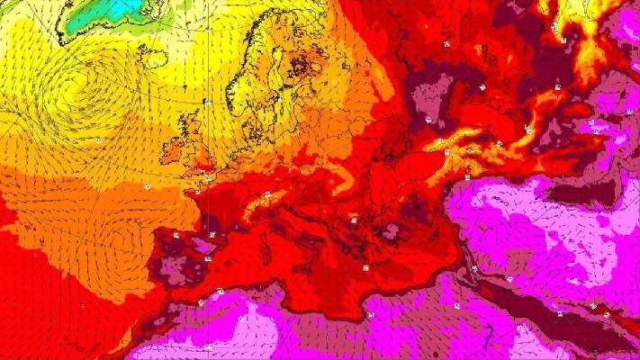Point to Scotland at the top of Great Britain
[x=194, y=126]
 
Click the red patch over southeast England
[x=209, y=167]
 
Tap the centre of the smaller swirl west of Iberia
[x=122, y=236]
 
